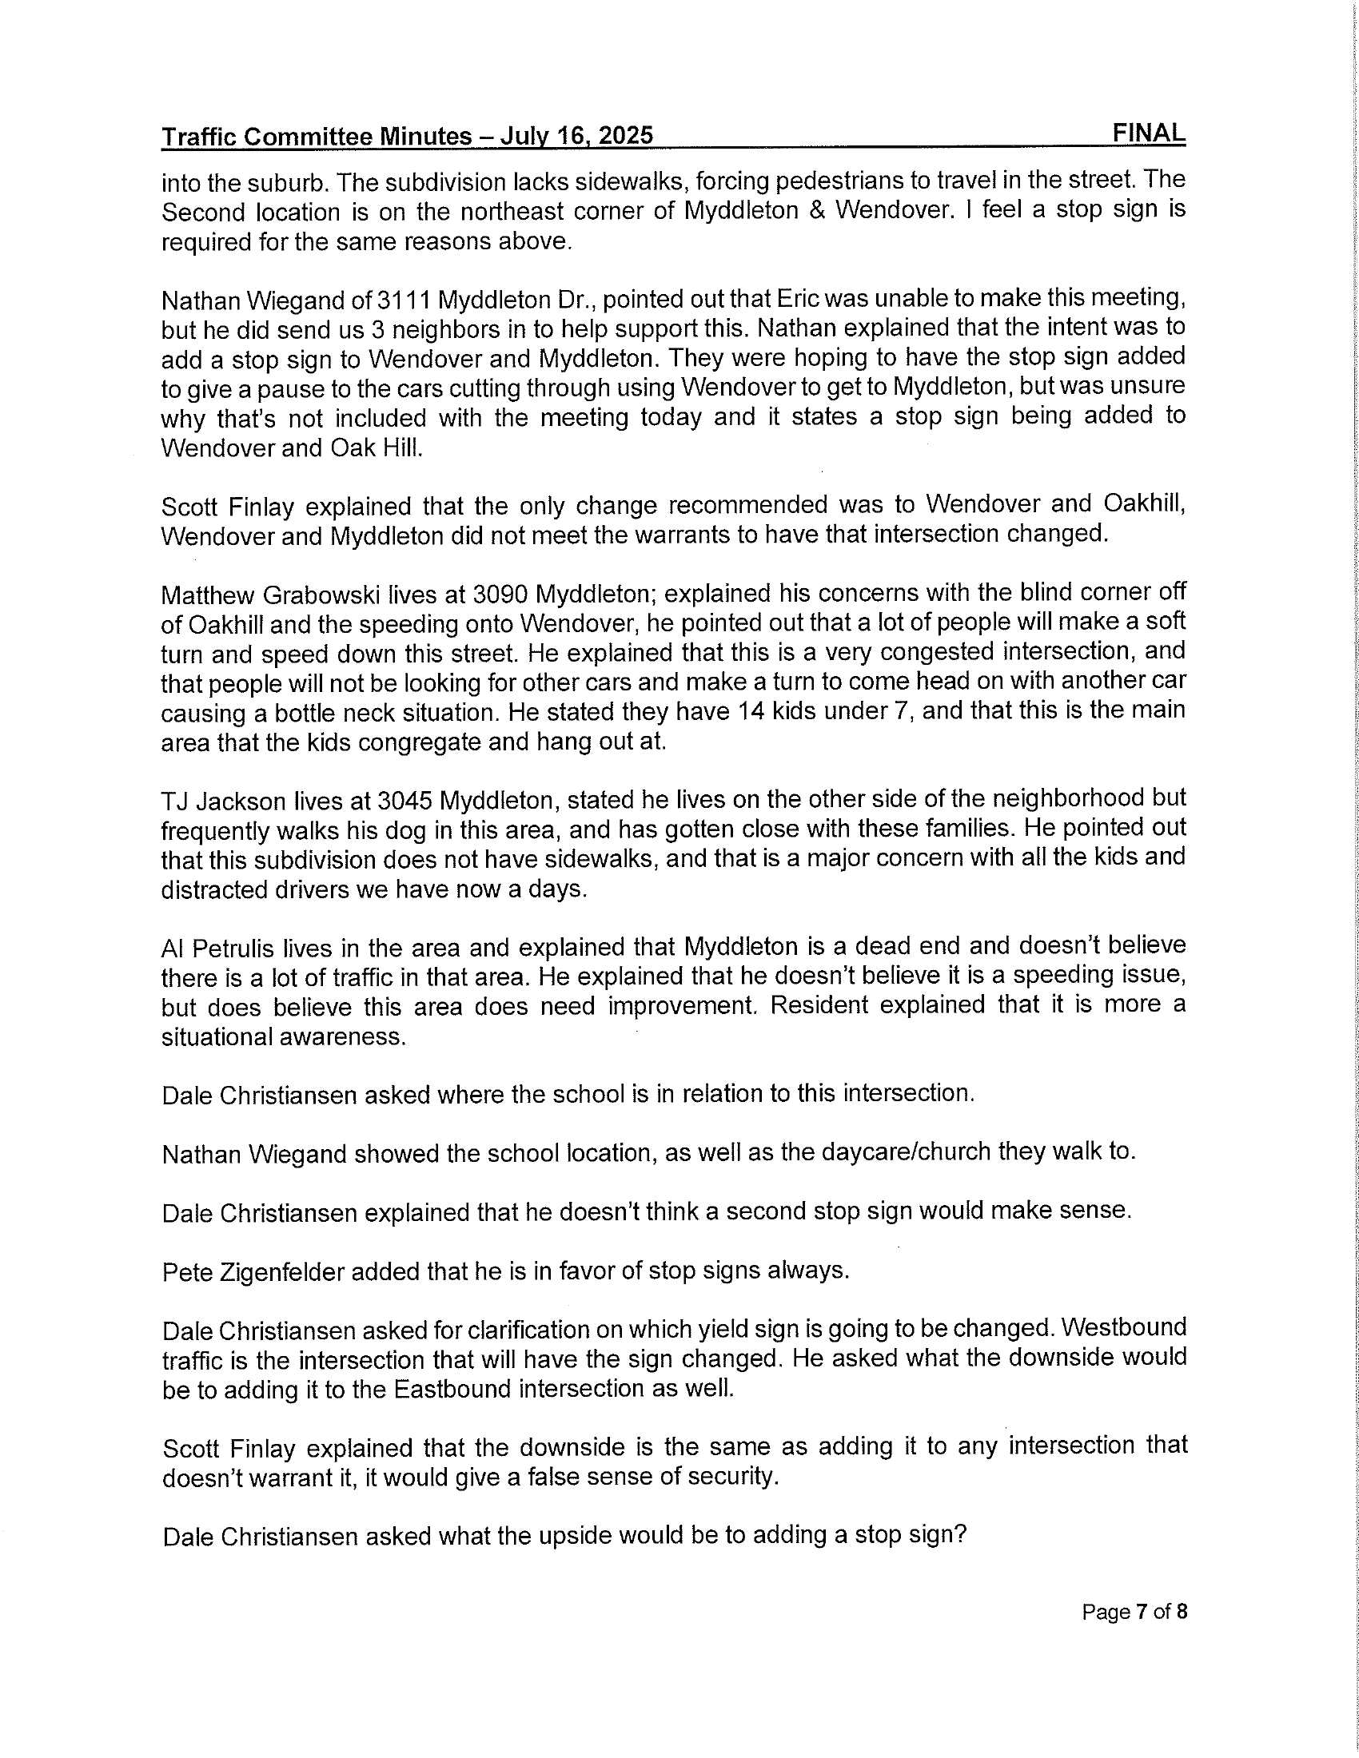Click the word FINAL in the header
tap(1148, 133)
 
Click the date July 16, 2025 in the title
tap(576, 136)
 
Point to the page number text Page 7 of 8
tap(1134, 1613)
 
